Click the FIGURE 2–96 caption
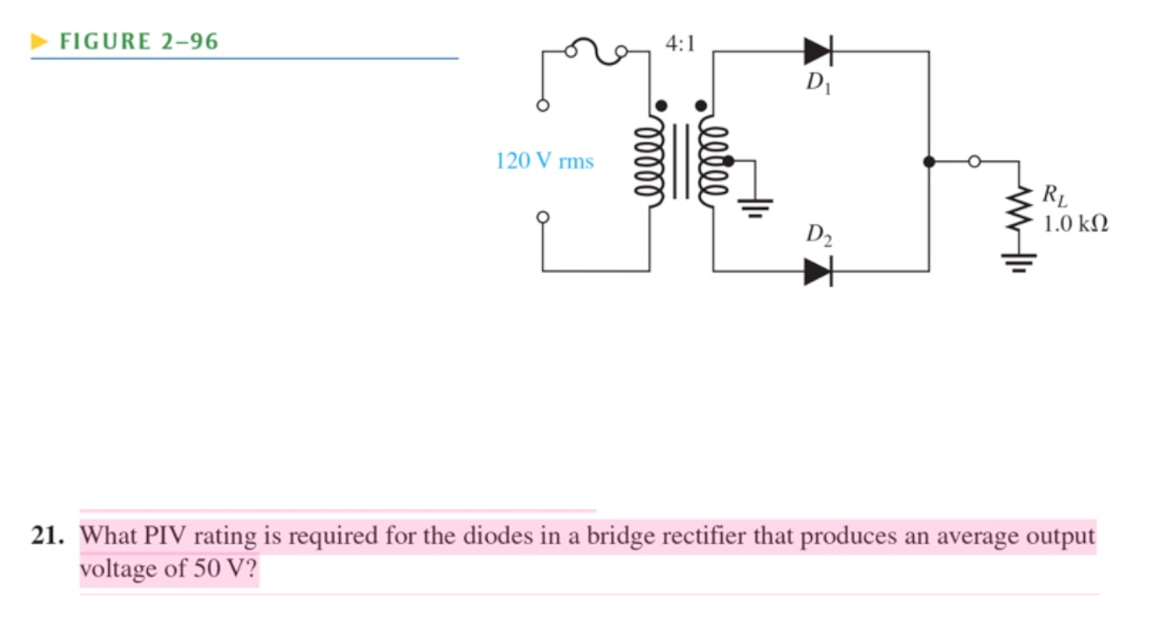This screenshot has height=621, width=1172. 138,41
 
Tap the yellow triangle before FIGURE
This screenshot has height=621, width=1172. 39,41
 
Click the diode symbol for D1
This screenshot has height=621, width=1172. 817,52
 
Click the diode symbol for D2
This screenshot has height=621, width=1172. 817,272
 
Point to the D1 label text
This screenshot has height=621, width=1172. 816,84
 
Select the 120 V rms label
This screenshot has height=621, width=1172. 544,162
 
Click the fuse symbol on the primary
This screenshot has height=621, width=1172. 597,52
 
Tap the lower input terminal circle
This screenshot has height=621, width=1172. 543,218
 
